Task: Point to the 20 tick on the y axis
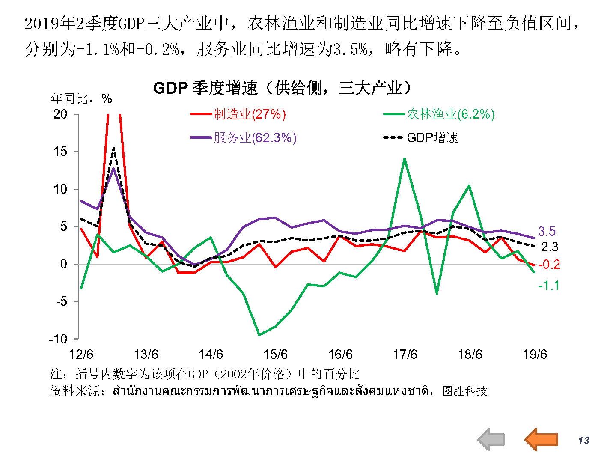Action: tap(60, 114)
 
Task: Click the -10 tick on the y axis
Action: tap(58, 339)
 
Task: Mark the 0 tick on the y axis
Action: tap(64, 264)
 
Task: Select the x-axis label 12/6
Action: tap(81, 355)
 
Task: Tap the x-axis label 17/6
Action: tap(405, 355)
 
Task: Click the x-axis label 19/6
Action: tap(535, 355)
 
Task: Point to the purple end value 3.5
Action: tap(547, 232)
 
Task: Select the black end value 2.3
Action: tap(550, 247)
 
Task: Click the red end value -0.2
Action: tap(549, 265)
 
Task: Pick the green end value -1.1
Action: tap(549, 286)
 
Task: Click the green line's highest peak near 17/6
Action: tap(405, 159)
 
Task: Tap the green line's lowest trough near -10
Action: tap(259, 335)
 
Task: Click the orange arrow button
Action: tap(542, 439)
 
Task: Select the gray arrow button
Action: tap(491, 440)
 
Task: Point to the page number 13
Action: tap(583, 441)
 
